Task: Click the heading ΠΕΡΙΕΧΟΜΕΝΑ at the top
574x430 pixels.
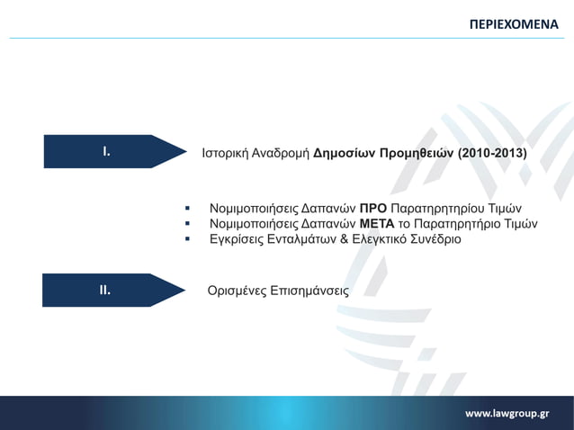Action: click(514, 22)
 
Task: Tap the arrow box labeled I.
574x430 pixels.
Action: click(106, 151)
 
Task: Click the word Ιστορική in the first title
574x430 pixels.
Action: click(227, 153)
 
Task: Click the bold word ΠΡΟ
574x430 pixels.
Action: click(372, 208)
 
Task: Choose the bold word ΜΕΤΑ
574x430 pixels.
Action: click(377, 223)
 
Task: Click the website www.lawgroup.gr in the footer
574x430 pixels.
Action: click(507, 413)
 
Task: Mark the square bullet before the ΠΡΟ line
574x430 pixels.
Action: click(187, 208)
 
